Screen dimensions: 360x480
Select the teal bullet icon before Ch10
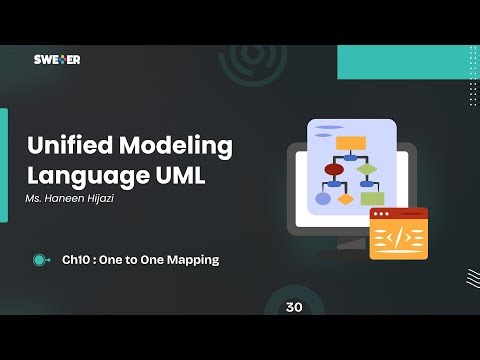pyautogui.click(x=40, y=260)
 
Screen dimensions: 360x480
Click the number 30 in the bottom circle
pyautogui.click(x=293, y=307)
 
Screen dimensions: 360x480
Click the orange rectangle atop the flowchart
pyautogui.click(x=350, y=142)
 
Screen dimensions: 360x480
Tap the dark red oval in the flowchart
pyautogui.click(x=334, y=170)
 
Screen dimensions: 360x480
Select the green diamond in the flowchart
pyautogui.click(x=367, y=169)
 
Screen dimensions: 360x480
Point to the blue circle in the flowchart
pyautogui.click(x=323, y=198)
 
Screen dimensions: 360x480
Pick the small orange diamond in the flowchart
pyautogui.click(x=346, y=198)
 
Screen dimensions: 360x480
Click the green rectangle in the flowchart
pyautogui.click(x=372, y=198)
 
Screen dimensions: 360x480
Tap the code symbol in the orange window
pyautogui.click(x=398, y=238)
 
